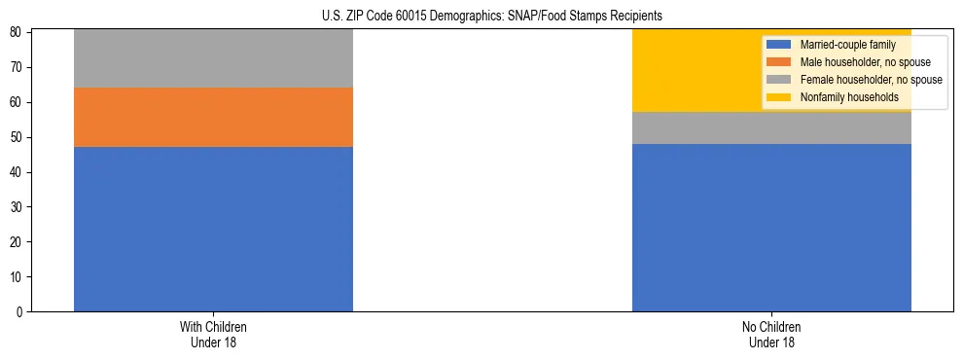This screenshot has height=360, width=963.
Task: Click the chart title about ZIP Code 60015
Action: [x=491, y=17]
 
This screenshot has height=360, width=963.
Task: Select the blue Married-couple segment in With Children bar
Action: [x=213, y=229]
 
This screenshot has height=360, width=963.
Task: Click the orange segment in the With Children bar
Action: [x=213, y=117]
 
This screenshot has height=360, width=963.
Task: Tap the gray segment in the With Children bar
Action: [x=213, y=58]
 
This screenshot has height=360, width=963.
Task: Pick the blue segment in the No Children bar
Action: [x=771, y=228]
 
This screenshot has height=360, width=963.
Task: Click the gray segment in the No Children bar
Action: [x=771, y=127]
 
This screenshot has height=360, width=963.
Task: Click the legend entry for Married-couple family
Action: [x=841, y=45]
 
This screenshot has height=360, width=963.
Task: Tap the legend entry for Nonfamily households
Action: [x=842, y=97]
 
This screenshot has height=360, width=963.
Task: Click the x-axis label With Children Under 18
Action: [x=213, y=335]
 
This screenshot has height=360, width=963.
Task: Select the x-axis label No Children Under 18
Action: [x=771, y=335]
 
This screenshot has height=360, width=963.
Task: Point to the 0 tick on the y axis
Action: [x=21, y=312]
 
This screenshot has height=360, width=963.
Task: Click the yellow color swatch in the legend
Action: [x=779, y=97]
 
